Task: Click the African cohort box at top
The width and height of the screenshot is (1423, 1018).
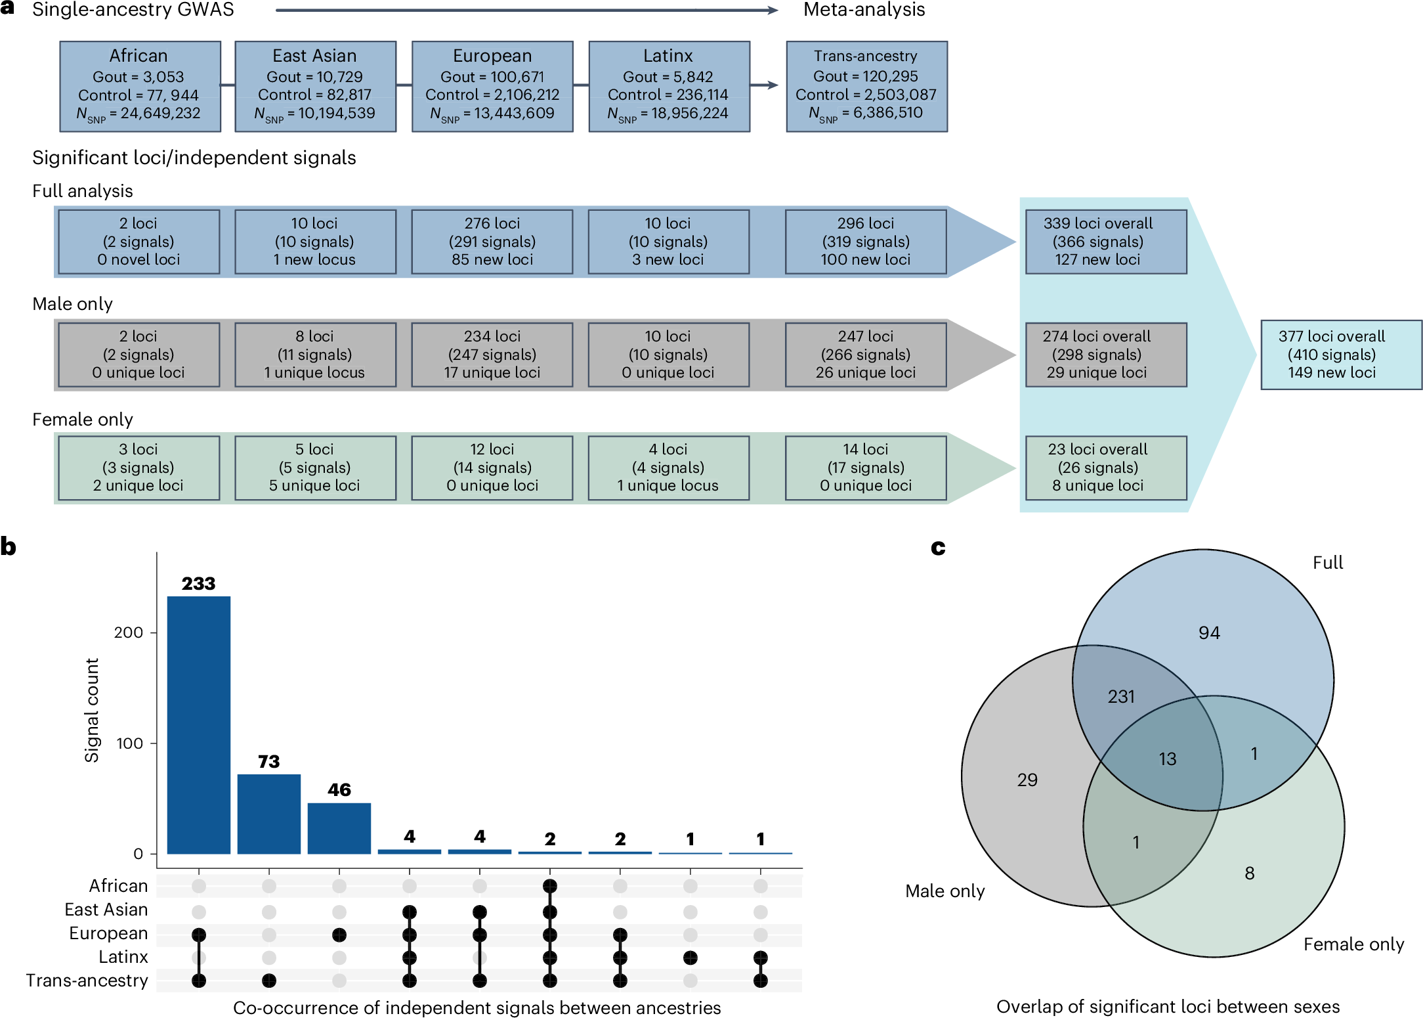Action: (140, 87)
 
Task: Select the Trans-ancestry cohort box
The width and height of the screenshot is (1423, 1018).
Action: (866, 87)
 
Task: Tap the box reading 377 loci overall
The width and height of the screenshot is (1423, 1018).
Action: (1340, 355)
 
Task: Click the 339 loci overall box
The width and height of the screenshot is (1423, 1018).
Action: (1105, 242)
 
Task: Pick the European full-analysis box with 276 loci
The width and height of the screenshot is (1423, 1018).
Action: (492, 242)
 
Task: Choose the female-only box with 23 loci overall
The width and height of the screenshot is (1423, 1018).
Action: (1105, 468)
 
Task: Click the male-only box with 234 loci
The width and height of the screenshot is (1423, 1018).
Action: (492, 355)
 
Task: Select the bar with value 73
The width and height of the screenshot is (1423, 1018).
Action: (268, 814)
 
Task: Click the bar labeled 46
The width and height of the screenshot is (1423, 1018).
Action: (339, 828)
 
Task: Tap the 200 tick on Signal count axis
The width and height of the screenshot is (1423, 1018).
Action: (128, 632)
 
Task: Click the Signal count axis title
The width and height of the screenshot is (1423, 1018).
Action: (92, 710)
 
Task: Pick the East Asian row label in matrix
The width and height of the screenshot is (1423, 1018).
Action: (106, 910)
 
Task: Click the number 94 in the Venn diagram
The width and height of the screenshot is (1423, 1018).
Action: (1209, 632)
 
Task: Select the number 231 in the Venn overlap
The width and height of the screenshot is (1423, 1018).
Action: (1121, 696)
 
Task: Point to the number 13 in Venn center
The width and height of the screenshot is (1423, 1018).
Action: (1167, 759)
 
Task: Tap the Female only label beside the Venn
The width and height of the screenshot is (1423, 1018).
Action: (1353, 944)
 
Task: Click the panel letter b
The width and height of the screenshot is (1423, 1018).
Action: (9, 546)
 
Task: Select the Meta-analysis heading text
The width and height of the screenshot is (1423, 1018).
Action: (864, 10)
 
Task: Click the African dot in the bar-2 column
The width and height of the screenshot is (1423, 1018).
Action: (268, 886)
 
